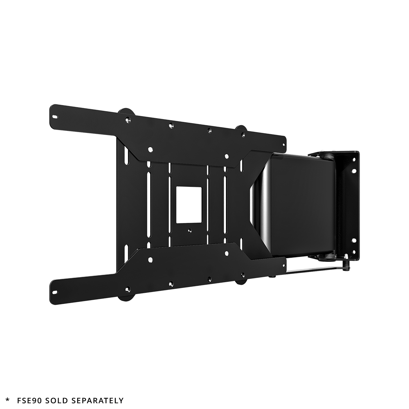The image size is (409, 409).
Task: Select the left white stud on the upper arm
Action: pos(151,149)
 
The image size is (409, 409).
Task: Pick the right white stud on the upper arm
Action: pos(226,155)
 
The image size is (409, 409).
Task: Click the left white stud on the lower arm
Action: pos(151,259)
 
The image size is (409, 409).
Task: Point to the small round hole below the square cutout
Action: pos(189,230)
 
